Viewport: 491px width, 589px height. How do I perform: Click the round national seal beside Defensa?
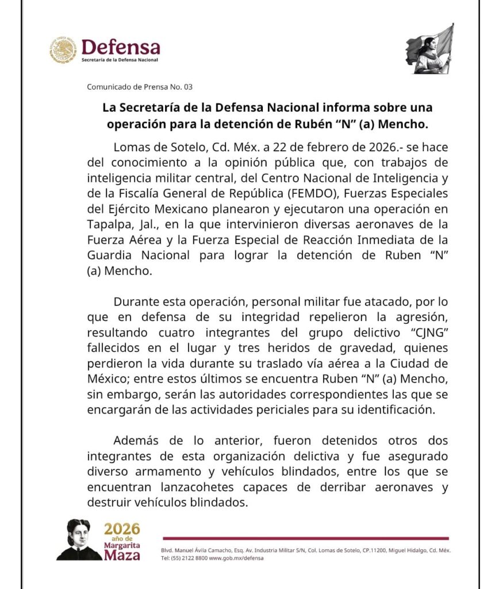coord(63,50)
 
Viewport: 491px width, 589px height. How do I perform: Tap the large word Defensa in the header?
coord(121,47)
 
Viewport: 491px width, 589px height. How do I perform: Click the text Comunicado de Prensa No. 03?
coord(140,87)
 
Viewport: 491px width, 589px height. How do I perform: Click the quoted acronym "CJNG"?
coord(425,332)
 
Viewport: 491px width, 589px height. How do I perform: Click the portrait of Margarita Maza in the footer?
coord(79,540)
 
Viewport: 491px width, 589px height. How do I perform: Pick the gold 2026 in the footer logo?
coord(122,529)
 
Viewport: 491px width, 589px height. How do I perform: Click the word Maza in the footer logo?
coord(122,555)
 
